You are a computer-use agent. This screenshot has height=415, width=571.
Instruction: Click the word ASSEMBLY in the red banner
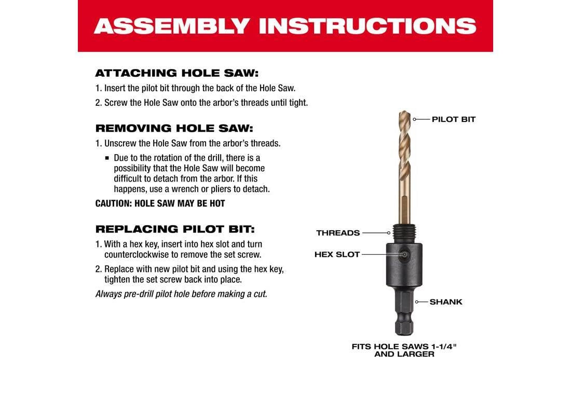(x=171, y=26)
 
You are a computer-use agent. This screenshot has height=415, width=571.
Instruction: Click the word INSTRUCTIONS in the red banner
(x=368, y=26)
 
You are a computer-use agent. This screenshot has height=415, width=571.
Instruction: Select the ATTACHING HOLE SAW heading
(x=177, y=73)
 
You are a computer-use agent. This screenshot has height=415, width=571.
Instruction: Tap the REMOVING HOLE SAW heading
(x=174, y=129)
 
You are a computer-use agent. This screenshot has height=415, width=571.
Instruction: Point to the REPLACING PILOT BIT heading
(x=175, y=229)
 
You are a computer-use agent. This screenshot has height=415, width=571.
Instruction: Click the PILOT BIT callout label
(x=454, y=119)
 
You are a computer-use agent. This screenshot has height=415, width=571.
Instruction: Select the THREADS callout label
(x=338, y=233)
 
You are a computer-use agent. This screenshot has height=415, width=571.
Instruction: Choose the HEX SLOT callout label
(x=337, y=255)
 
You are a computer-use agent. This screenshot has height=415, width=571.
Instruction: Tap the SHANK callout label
(x=446, y=302)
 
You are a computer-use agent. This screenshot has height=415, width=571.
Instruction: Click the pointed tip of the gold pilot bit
(x=404, y=112)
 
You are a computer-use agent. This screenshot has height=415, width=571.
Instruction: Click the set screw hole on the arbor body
(x=404, y=255)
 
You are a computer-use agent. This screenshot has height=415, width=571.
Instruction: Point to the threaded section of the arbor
(x=404, y=233)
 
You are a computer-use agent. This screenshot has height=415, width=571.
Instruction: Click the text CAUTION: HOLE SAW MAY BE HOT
(x=160, y=203)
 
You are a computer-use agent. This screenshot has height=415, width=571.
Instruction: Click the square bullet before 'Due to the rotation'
(x=107, y=158)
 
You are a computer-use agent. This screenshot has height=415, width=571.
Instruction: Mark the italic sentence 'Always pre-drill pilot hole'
(x=181, y=294)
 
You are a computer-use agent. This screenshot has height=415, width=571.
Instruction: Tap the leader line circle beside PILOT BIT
(x=414, y=119)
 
